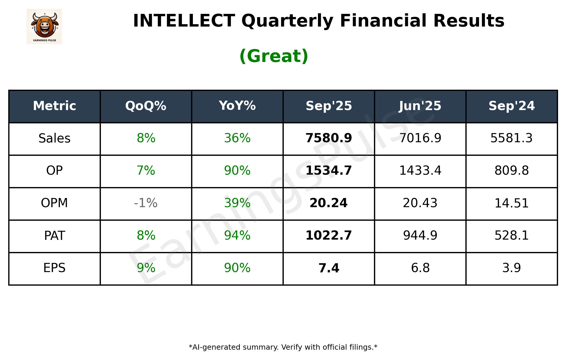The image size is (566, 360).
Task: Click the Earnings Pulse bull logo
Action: click(44, 26)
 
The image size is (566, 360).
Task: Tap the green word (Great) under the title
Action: click(274, 56)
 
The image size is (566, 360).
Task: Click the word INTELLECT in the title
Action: click(184, 21)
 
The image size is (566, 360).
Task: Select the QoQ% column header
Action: click(146, 106)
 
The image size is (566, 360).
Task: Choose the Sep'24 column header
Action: click(511, 106)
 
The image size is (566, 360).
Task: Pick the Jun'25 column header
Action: click(420, 106)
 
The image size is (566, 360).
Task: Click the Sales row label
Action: click(55, 138)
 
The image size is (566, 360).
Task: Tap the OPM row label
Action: click(55, 203)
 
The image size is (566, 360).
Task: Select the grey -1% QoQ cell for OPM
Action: click(146, 203)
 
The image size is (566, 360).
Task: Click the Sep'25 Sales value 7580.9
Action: click(329, 138)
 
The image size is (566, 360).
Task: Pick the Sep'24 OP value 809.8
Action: click(511, 171)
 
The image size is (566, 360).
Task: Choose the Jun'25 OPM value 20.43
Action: click(420, 203)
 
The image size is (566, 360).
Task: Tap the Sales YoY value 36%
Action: click(237, 138)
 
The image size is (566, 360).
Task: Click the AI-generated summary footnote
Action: click(283, 347)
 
